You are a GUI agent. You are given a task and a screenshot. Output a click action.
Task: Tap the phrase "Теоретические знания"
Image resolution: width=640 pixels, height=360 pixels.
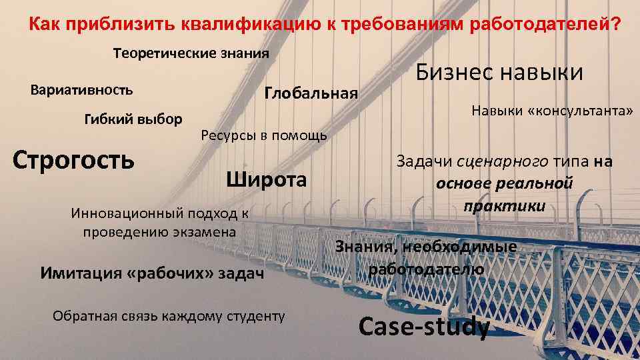click(191, 53)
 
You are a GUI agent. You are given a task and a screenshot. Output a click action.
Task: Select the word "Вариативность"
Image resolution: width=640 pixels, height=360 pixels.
click(82, 89)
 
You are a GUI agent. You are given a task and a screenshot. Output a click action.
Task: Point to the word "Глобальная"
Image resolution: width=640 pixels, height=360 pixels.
click(311, 93)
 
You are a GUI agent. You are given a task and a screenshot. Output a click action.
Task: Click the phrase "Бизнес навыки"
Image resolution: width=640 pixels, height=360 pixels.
click(500, 72)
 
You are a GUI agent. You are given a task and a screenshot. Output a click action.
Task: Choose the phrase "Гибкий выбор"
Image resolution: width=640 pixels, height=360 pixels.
click(133, 120)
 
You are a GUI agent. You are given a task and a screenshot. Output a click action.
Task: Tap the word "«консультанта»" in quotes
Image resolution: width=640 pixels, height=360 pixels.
click(579, 110)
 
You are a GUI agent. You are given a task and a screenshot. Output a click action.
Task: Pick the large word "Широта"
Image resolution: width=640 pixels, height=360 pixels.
click(267, 180)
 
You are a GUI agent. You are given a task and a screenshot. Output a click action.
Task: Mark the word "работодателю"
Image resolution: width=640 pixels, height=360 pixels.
click(426, 269)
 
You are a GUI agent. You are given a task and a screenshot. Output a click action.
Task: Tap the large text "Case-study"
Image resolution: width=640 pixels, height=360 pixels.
click(424, 326)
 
